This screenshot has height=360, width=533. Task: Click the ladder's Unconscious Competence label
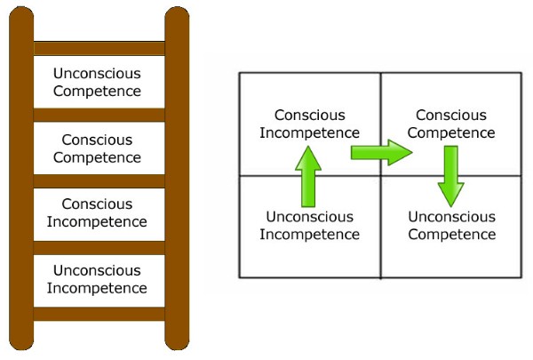97,82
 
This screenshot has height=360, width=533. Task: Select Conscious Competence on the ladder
97,148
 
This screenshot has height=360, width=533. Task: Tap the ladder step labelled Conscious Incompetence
97,213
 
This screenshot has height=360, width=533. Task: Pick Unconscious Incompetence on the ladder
97,279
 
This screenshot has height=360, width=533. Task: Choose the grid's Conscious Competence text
456,124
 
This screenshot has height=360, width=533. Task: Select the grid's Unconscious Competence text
451,226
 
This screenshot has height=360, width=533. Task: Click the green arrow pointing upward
307,175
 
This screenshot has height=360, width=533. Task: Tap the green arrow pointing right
381,152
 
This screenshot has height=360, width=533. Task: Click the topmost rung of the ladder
99,48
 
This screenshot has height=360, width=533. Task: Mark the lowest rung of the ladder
99,313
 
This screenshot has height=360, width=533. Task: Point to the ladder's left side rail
21,178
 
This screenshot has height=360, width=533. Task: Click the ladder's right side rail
177,178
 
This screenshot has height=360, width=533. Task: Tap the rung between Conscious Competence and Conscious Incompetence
99,181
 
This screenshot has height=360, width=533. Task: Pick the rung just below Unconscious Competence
99,115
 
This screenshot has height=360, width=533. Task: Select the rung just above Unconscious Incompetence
99,247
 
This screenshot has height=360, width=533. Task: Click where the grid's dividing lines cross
381,175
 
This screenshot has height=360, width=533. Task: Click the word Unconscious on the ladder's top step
97,73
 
